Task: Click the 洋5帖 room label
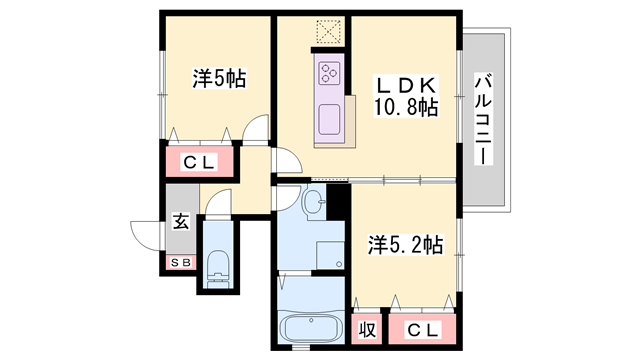point(220,78)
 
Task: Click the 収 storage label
point(367,328)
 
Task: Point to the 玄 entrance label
point(181,221)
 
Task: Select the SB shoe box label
point(181,262)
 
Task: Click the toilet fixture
point(218,267)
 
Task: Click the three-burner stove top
point(331,72)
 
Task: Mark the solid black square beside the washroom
point(337,198)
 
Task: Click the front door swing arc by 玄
point(147,233)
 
